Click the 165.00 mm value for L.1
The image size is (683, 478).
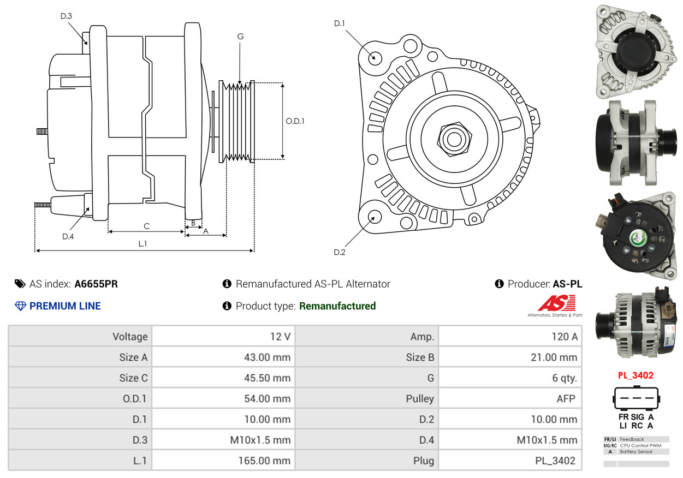coord(264,461)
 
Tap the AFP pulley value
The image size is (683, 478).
coord(566,399)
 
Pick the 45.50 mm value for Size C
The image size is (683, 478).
coord(267,378)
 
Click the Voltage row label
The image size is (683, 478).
coord(130,337)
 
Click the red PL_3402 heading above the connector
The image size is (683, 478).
coord(636,375)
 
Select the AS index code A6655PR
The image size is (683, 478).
coord(96,284)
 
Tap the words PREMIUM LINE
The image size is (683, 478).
coord(65,306)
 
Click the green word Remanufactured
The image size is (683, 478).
coord(337,306)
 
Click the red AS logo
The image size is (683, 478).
coord(556,303)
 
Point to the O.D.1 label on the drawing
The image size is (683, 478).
coord(295,121)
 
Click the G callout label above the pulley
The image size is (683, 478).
coord(240,37)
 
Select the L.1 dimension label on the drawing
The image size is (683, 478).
coord(142,244)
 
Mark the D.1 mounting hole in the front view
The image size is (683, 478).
coord(375,57)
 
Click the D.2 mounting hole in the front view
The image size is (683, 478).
coord(375,217)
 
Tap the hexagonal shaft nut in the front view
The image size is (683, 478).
coord(453,138)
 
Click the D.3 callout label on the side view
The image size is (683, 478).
coord(66,16)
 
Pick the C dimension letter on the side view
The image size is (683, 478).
coord(146,226)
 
